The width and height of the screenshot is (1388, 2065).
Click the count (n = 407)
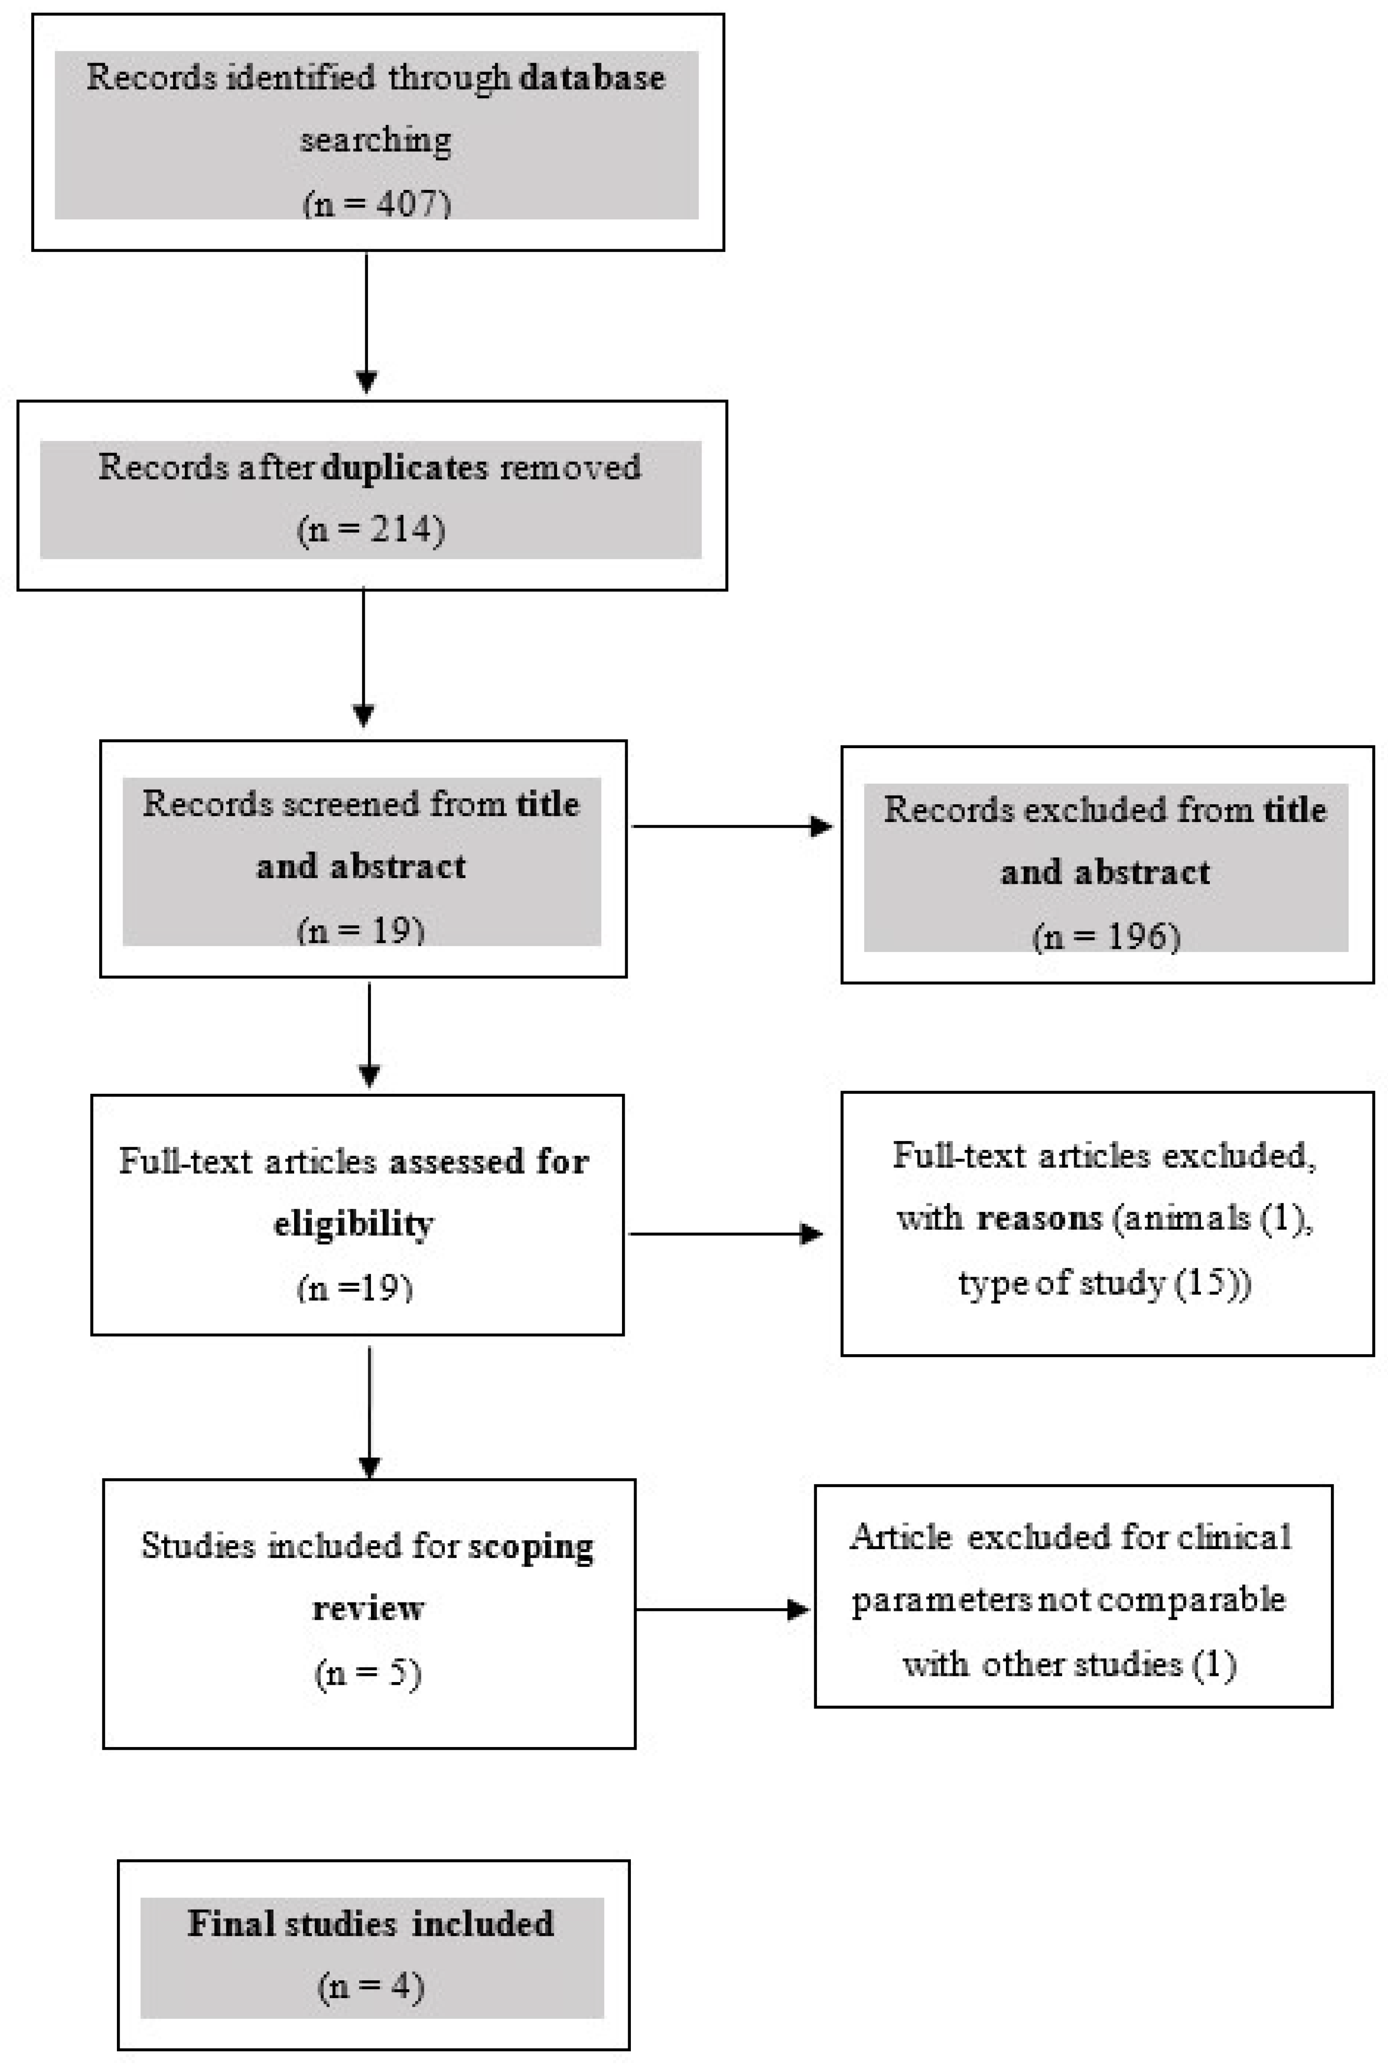(376, 203)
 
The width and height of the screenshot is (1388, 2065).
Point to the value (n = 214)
(371, 529)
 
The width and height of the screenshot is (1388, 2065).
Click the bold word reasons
(1038, 1219)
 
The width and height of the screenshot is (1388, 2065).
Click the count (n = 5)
(368, 1672)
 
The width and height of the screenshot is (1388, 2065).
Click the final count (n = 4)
(371, 1986)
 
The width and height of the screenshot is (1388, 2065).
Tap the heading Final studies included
(371, 1923)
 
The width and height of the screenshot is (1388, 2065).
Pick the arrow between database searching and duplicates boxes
(367, 323)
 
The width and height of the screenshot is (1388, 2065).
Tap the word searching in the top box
(376, 140)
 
